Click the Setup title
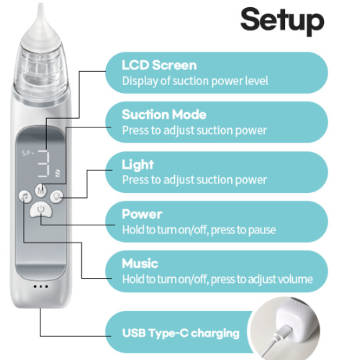click(x=282, y=21)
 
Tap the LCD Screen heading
click(x=159, y=65)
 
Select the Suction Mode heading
click(x=164, y=114)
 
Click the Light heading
click(x=138, y=165)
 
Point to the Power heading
click(x=142, y=214)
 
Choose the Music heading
click(x=140, y=264)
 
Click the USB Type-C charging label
click(x=181, y=333)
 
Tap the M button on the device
click(x=41, y=191)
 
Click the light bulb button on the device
click(x=56, y=197)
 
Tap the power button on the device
click(x=41, y=210)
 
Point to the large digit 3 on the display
click(x=44, y=164)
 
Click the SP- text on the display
click(x=28, y=153)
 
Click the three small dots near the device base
click(x=41, y=287)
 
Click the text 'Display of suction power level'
click(x=195, y=81)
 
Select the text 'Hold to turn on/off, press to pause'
click(x=199, y=230)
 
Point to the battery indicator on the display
click(x=58, y=173)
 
